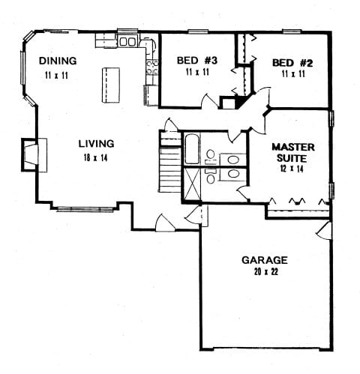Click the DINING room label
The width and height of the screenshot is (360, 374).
58,61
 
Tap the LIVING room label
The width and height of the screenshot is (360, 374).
97,144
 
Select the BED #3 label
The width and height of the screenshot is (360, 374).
197,60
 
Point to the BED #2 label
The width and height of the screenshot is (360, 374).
292,63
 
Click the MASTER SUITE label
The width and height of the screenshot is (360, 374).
293,153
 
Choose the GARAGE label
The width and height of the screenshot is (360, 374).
265,260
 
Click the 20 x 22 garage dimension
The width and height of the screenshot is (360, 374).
266,272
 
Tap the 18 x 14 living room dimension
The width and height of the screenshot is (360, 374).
95,158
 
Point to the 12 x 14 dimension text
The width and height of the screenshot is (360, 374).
292,169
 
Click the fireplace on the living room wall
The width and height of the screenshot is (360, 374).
34,155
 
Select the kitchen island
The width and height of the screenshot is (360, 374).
111,85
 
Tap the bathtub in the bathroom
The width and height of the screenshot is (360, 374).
192,149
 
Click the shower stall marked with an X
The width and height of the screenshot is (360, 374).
192,184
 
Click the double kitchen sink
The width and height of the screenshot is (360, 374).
127,41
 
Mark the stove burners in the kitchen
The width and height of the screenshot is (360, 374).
152,67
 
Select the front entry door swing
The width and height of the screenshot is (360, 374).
165,223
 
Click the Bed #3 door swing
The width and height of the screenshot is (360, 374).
210,101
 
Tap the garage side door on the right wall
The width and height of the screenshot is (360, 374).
324,231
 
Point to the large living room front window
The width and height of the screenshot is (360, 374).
85,209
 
